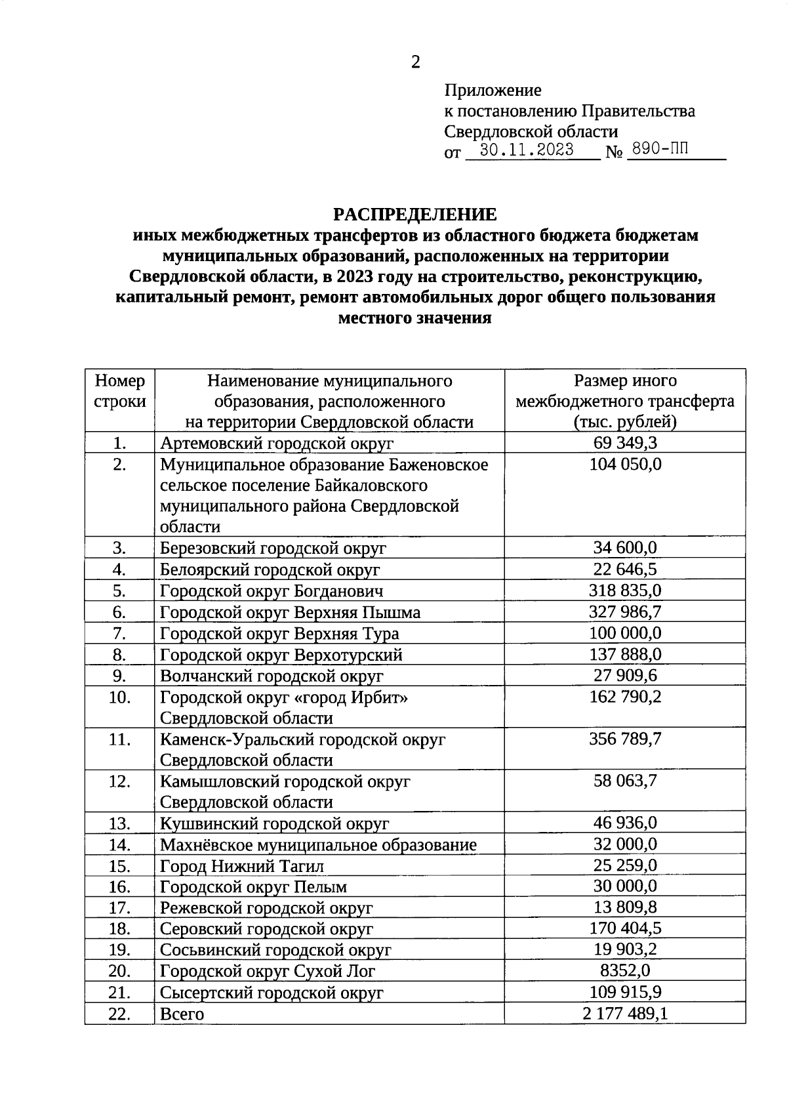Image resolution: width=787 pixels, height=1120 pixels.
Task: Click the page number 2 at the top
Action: coord(415,62)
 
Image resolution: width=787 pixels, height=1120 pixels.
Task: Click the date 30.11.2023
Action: coord(527,150)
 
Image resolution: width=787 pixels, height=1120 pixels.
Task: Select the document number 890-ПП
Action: coord(658,150)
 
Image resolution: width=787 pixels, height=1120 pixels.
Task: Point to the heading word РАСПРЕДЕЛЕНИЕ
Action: coord(415,215)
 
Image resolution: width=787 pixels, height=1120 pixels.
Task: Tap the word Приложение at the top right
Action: coord(493,90)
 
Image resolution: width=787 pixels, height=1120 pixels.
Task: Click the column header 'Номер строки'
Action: coord(119,392)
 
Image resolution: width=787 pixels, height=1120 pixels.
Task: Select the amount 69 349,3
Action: coord(624,443)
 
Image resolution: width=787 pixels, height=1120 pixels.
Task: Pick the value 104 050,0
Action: coord(624,465)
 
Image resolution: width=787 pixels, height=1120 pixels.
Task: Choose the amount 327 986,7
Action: coord(624,612)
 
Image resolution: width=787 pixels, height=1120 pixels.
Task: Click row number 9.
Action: coord(119,676)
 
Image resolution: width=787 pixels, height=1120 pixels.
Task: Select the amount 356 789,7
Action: coord(624,739)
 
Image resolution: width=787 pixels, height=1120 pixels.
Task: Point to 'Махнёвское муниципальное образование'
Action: coord(318,845)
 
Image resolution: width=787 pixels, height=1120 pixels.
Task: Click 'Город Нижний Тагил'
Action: coord(242,866)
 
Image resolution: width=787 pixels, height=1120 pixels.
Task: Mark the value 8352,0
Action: coord(624,970)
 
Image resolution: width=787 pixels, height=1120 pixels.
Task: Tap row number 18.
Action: coord(119,929)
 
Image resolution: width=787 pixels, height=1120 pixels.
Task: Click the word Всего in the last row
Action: coord(182,1014)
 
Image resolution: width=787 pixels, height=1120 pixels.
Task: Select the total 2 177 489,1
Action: coord(624,1013)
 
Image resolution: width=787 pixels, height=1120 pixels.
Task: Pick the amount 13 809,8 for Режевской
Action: coord(624,907)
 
